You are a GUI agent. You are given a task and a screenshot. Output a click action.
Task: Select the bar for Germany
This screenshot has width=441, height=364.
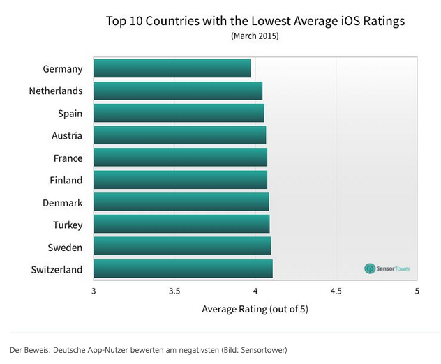[172, 68]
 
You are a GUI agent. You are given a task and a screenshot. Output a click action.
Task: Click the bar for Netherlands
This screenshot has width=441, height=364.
[178, 91]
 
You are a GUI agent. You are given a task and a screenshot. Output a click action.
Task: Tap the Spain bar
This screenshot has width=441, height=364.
[179, 113]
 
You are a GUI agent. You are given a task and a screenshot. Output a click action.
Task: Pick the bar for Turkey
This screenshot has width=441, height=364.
[181, 225]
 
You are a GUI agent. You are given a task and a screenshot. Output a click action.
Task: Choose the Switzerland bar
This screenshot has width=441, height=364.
[183, 269]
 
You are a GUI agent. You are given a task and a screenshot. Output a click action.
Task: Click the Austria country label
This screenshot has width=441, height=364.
[67, 135]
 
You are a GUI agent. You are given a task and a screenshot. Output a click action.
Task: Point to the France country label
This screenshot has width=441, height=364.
[68, 158]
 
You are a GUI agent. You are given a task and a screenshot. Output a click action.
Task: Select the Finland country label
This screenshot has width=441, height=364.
[66, 180]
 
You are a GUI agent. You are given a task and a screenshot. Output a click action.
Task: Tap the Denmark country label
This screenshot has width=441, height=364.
[63, 202]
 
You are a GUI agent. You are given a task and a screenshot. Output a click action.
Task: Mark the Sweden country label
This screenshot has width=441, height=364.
[65, 247]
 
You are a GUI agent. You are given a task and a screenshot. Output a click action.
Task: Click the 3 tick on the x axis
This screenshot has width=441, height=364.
[94, 290]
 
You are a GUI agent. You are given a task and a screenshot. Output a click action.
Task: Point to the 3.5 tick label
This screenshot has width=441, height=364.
[174, 290]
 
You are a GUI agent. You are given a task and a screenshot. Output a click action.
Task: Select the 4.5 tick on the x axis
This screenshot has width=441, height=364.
[336, 290]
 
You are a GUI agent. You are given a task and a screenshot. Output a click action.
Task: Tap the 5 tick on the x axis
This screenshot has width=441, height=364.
[417, 290]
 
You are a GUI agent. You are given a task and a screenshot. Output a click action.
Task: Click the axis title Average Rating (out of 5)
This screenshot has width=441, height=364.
[255, 308]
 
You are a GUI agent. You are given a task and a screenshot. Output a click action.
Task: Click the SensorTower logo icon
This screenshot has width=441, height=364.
[370, 268]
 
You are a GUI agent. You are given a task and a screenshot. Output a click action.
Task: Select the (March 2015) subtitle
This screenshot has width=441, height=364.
[255, 36]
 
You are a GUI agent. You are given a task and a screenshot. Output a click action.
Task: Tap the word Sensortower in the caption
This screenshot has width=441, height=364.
[262, 349]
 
